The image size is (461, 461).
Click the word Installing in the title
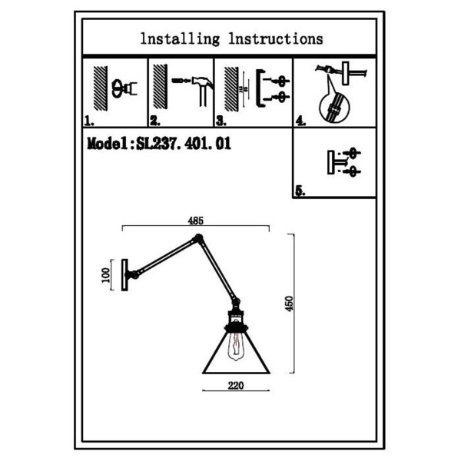pos(180,39)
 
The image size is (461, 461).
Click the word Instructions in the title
pos(276,39)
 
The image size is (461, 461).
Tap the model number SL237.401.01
pos(184,144)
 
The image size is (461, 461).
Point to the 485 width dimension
pos(195,221)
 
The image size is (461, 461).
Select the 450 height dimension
pos(290,303)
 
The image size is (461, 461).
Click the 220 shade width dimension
pos(236,385)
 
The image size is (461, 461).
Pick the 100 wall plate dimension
pos(105,275)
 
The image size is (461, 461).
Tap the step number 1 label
pos(89,121)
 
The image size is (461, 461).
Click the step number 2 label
pos(155,121)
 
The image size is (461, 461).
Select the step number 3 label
pos(221,121)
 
